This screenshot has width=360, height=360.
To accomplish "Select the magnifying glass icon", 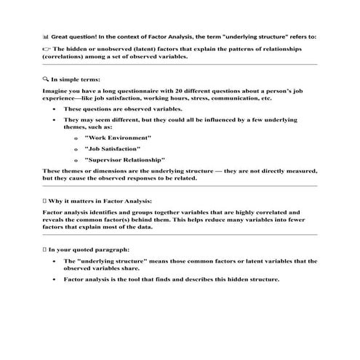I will click(46, 77).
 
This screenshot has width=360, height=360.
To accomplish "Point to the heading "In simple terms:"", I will click(76, 77).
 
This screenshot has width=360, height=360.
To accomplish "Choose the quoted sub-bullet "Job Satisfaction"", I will click(113, 148).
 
